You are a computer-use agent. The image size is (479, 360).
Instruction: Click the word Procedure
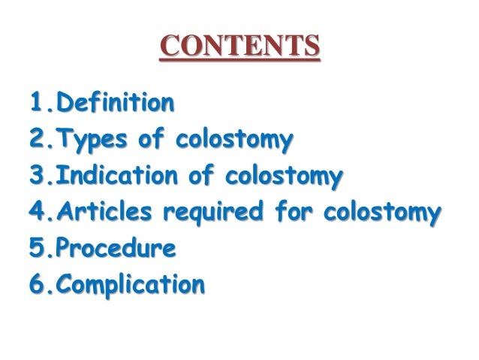(x=116, y=250)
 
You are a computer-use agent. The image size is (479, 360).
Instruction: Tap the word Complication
(x=129, y=286)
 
